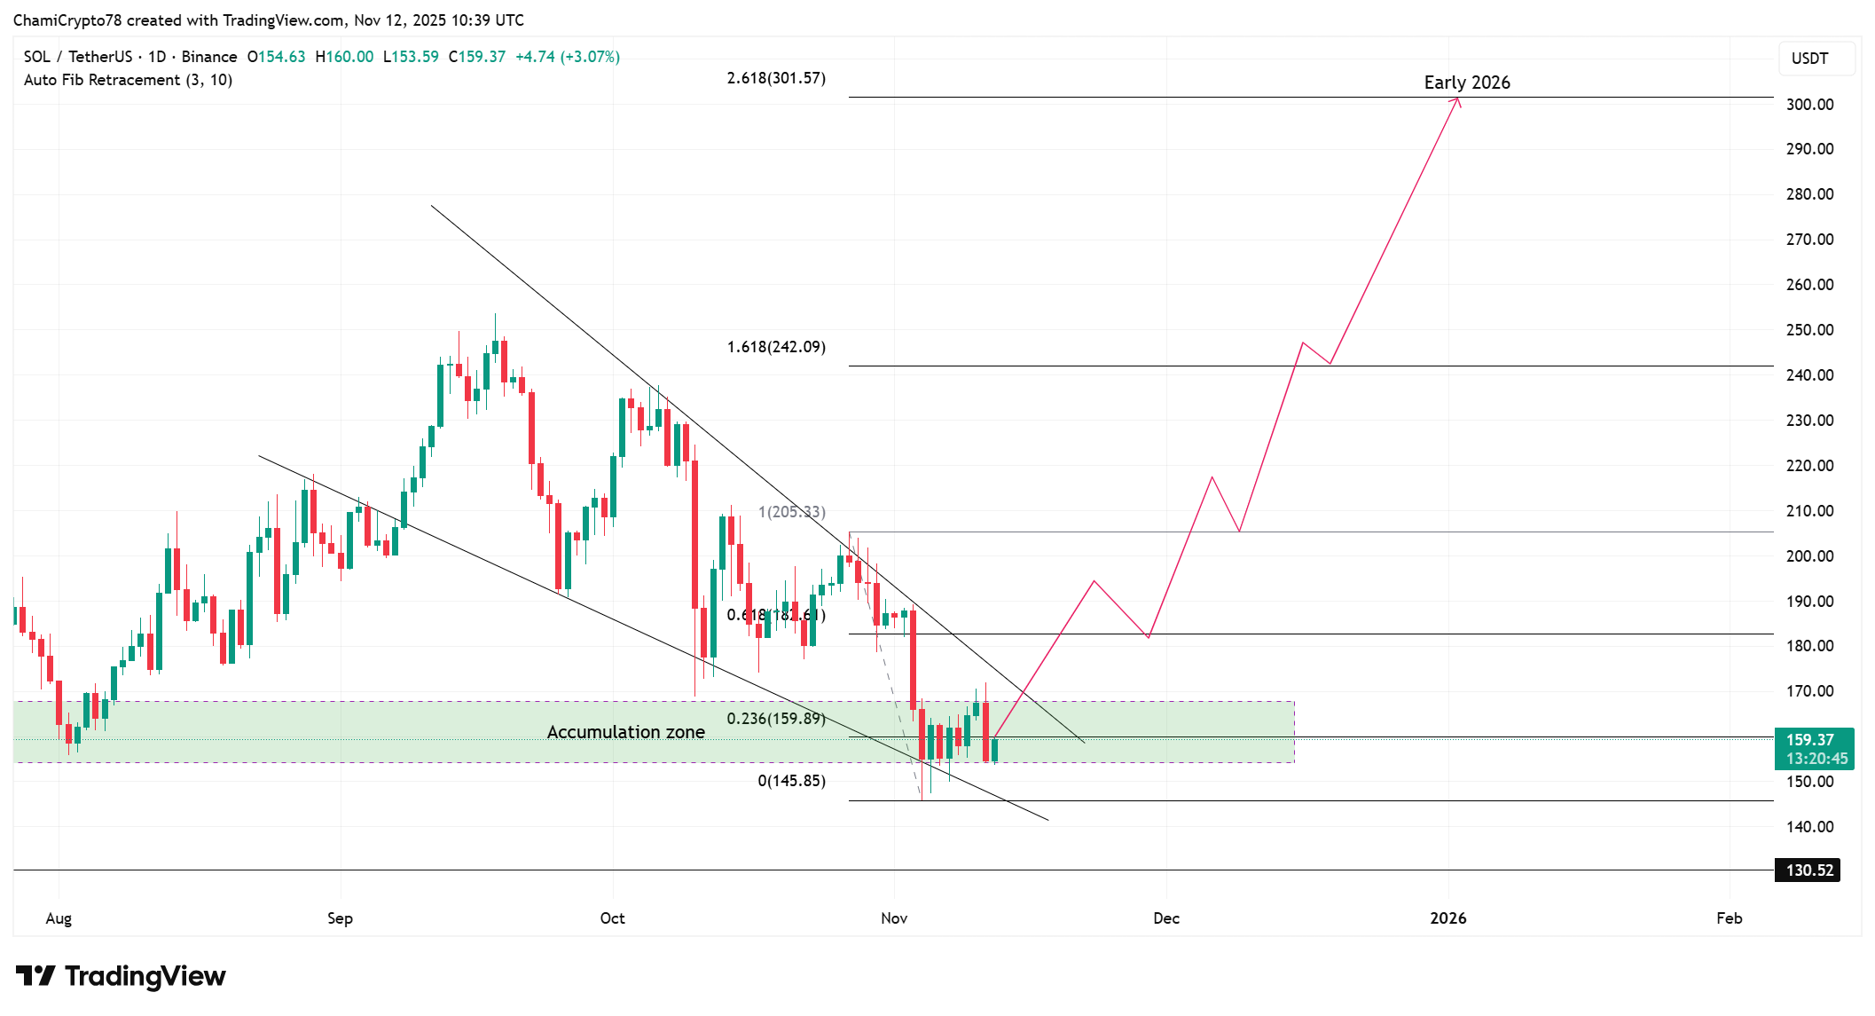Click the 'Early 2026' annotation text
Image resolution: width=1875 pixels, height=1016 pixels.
point(1466,83)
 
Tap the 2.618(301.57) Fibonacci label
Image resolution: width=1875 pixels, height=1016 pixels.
point(776,78)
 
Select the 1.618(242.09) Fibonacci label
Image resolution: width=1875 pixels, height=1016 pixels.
point(776,347)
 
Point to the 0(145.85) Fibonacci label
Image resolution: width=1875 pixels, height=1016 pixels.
point(791,781)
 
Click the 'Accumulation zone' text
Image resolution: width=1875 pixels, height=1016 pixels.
point(625,732)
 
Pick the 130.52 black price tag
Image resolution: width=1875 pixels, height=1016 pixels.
point(1808,870)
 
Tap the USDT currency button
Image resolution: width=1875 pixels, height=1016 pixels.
point(1809,59)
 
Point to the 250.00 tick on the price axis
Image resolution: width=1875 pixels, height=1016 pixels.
point(1809,330)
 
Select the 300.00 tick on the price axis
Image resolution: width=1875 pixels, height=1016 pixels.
point(1809,105)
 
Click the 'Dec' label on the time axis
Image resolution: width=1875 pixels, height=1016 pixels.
point(1165,918)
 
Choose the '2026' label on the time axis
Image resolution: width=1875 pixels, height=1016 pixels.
point(1447,918)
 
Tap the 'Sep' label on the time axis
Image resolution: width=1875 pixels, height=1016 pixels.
point(340,918)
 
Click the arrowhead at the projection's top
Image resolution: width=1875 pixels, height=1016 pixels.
point(1456,101)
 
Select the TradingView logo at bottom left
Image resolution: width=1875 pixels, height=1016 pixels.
point(121,976)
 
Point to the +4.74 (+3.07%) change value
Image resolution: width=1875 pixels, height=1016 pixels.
point(568,57)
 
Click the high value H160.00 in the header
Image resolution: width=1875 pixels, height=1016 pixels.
point(344,57)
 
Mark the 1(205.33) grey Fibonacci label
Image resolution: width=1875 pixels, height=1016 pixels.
point(791,512)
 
